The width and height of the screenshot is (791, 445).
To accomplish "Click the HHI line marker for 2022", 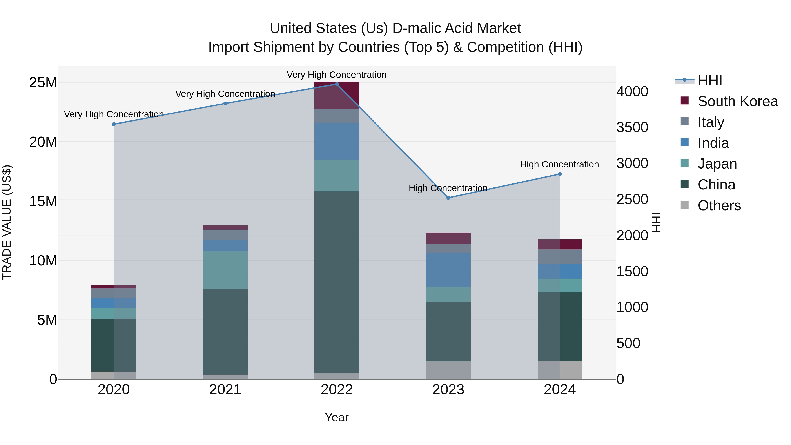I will click(x=337, y=84).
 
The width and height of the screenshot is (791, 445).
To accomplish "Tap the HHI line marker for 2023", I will click(x=448, y=198).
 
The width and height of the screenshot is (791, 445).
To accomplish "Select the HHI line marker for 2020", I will click(x=114, y=124).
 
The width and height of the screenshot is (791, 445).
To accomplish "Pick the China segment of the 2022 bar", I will click(x=337, y=282).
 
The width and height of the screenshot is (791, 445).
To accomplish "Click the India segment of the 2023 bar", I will click(x=448, y=270).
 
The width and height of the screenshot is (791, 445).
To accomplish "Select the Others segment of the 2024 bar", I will click(x=560, y=370).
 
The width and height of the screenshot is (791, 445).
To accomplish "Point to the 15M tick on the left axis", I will click(x=43, y=202).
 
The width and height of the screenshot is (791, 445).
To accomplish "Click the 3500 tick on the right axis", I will click(x=632, y=127).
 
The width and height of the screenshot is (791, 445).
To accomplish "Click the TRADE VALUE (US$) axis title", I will click(x=7, y=222).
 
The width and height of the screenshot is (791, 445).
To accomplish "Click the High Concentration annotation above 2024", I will click(x=559, y=164).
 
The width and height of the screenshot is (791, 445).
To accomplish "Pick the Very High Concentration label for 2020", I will click(x=114, y=114).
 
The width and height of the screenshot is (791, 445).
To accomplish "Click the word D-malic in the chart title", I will click(x=416, y=28).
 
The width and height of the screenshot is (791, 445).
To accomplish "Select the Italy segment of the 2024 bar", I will click(x=560, y=257).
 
